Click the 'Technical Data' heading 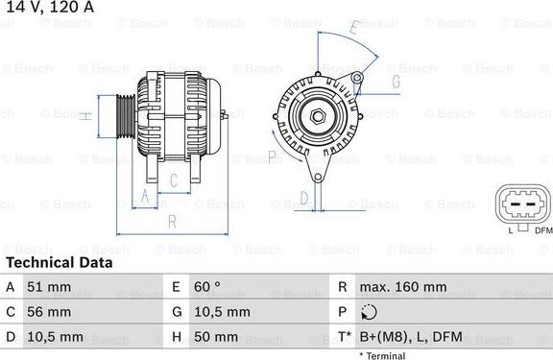(59, 262)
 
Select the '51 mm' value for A (50, 287)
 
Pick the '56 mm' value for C (51, 313)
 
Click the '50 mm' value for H (217, 338)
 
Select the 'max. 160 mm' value (402, 287)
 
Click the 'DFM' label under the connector (542, 230)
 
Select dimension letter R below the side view (171, 221)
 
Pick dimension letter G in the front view (395, 83)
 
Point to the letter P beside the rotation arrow (273, 156)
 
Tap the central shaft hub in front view (316, 117)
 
